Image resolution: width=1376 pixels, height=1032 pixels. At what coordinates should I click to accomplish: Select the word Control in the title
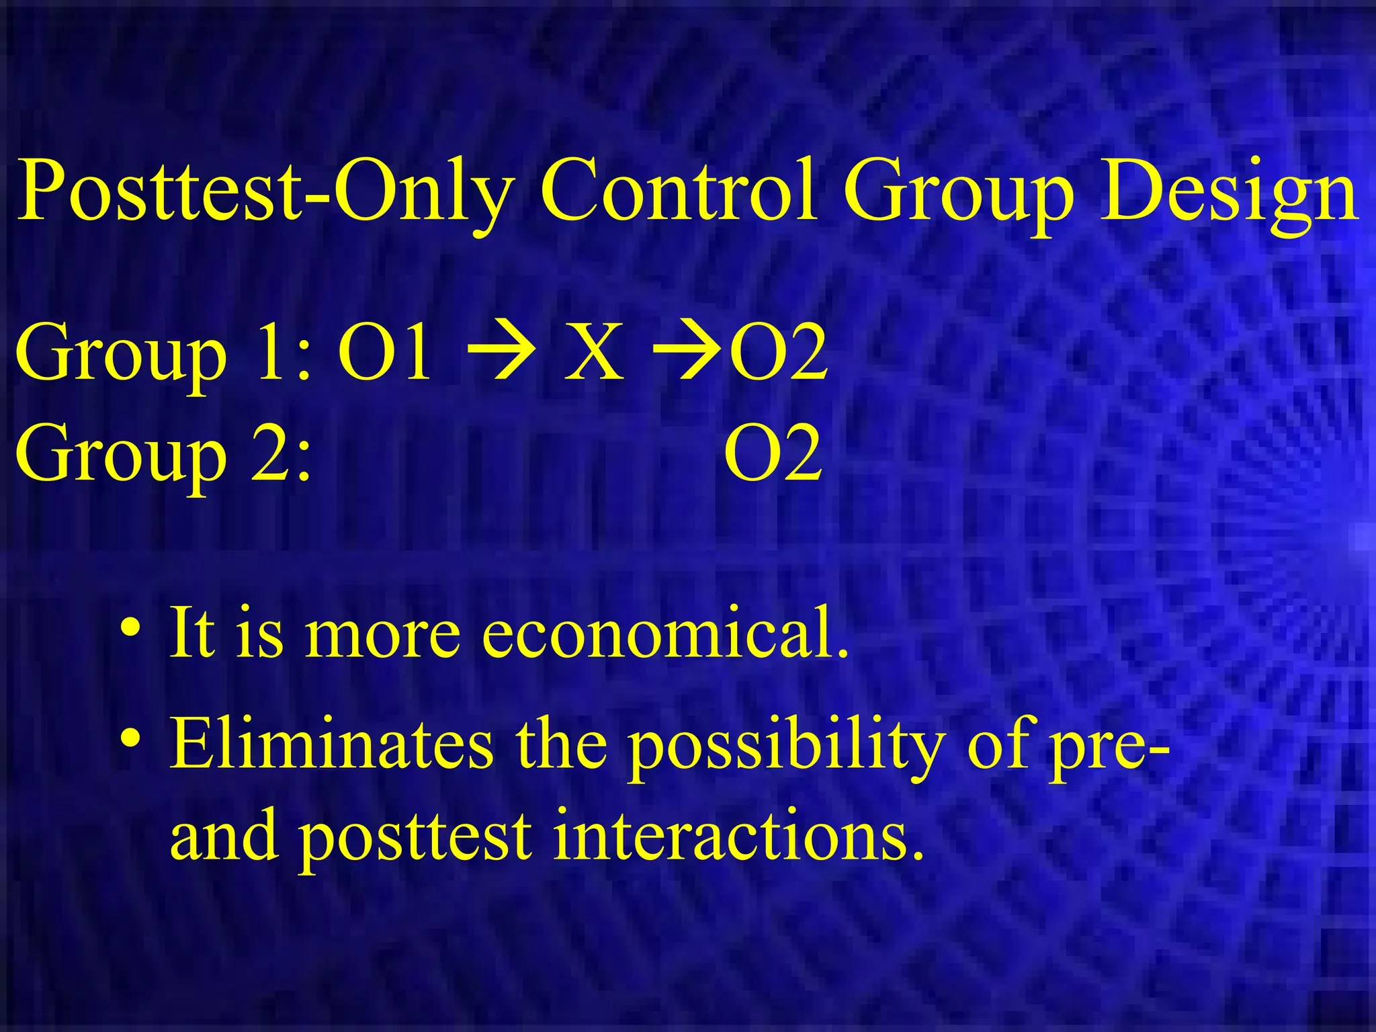(679, 191)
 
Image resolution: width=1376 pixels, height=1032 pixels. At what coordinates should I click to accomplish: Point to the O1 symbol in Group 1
(384, 353)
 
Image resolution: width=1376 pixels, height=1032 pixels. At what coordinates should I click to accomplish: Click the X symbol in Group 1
(594, 353)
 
